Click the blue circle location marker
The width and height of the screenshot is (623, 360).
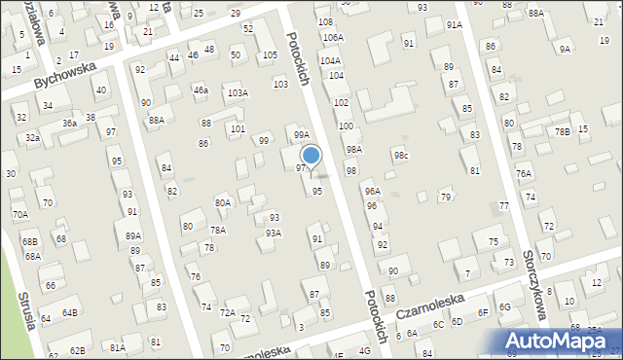coord(311,155)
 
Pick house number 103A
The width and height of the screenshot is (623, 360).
coord(238,93)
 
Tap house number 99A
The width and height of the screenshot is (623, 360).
coord(302,135)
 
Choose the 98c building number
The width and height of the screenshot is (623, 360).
coord(401,156)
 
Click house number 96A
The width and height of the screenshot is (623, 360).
coord(372,192)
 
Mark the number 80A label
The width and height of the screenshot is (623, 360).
coord(223,202)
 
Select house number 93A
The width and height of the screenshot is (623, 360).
coord(274,233)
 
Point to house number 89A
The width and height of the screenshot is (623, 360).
coord(133,235)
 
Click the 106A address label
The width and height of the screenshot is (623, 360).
coord(333,37)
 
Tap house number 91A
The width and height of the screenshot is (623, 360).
coord(455,24)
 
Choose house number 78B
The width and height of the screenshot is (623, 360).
coord(562,131)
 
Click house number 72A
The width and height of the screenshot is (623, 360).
coord(227,312)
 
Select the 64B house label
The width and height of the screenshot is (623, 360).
coord(70,313)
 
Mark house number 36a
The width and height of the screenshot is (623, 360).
coord(69,124)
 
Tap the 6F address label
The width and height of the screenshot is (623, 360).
coord(483,312)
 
